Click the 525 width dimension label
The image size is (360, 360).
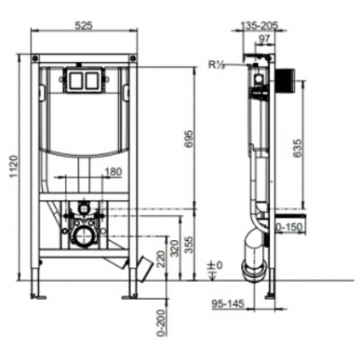point(83,26)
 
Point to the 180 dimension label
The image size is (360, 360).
point(113,172)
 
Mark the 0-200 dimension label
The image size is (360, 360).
point(160,323)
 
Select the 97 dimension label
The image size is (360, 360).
point(264,39)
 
